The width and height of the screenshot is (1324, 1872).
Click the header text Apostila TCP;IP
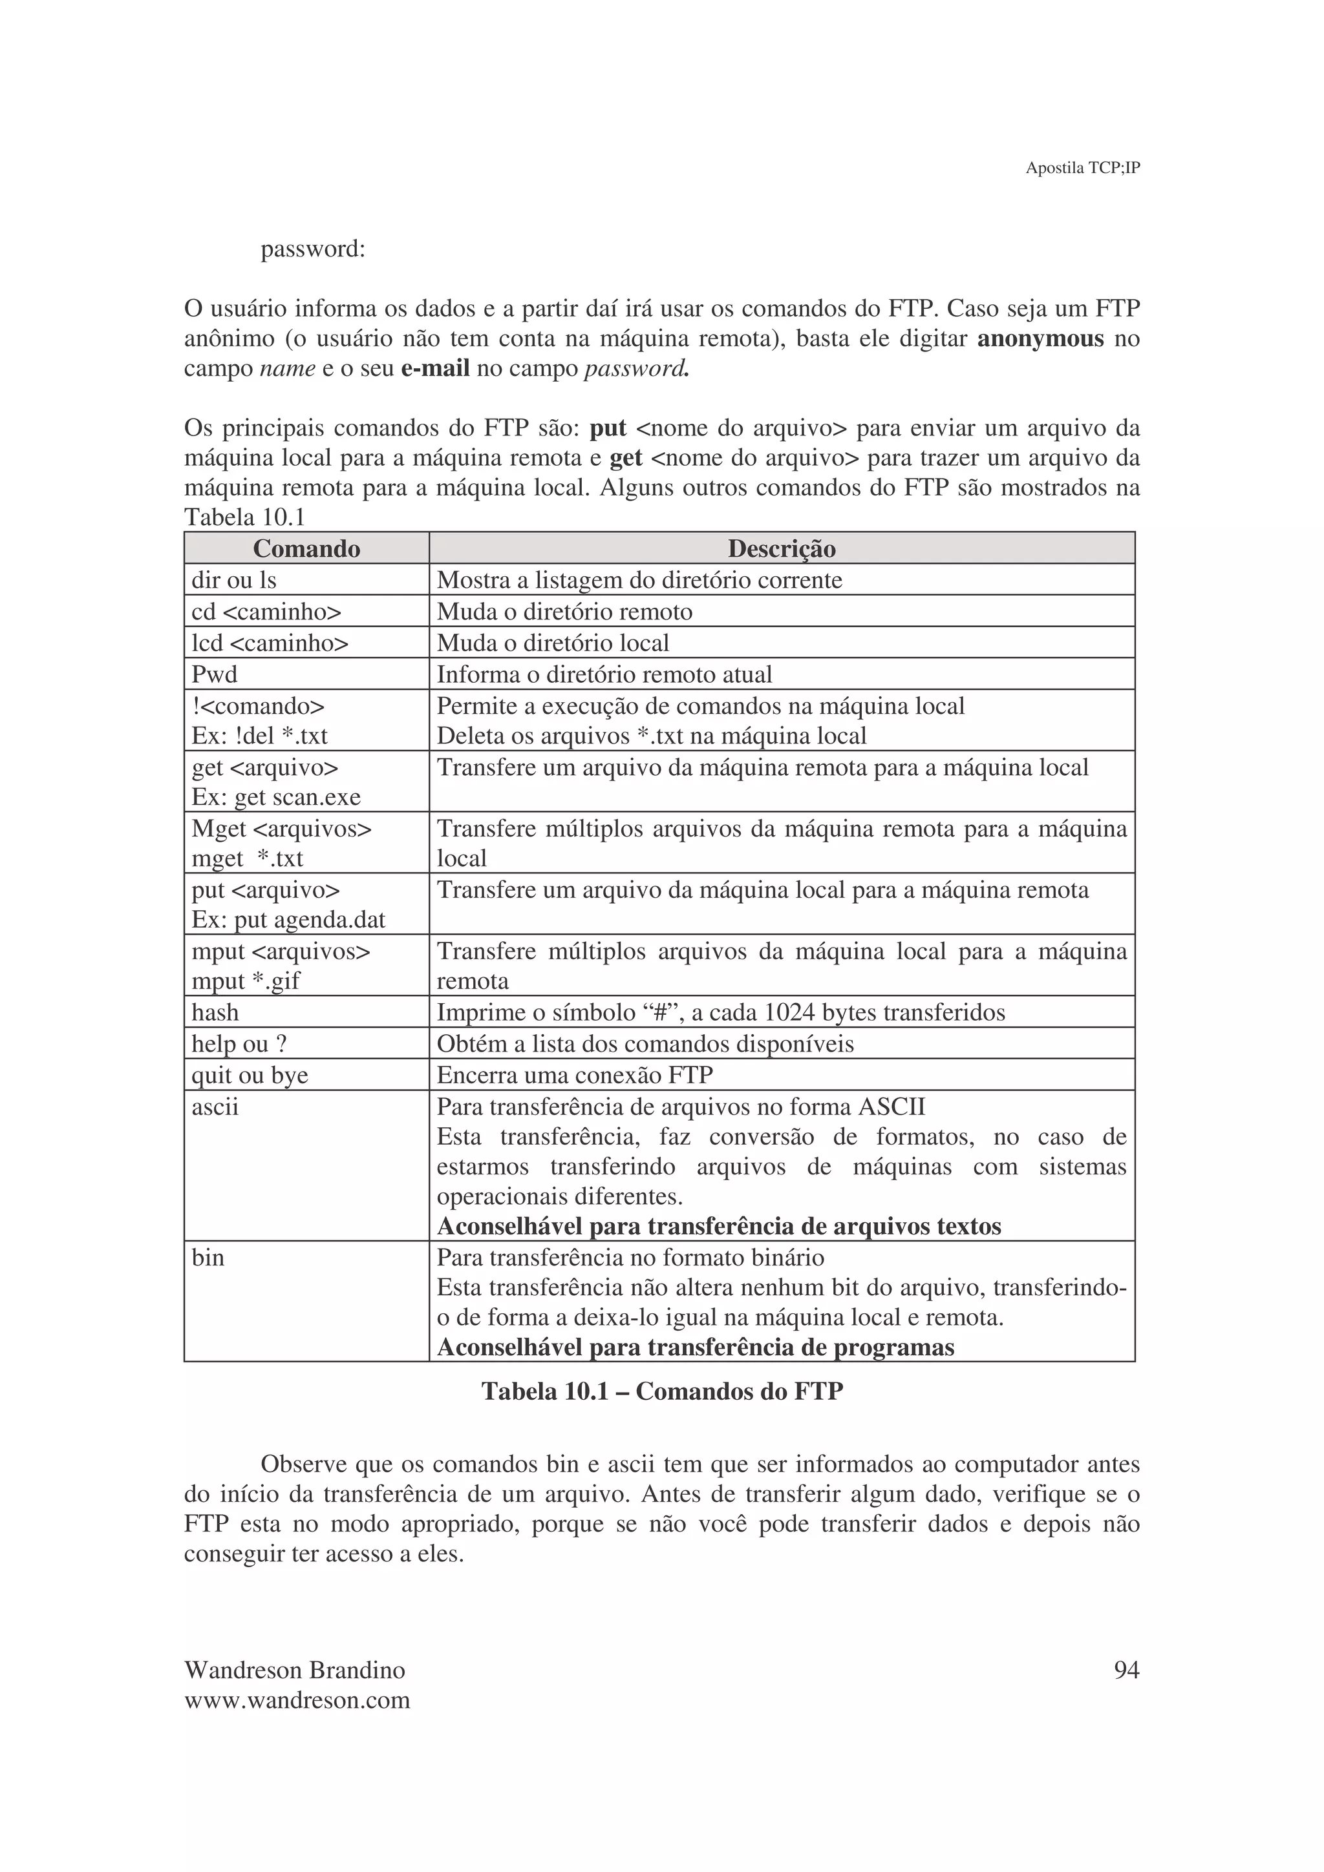pos(1082,168)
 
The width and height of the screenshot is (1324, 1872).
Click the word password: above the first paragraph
pos(312,249)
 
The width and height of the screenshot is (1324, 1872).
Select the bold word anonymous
pos(1040,338)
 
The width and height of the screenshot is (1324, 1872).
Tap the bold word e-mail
pos(435,369)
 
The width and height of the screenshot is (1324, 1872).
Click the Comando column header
pos(306,548)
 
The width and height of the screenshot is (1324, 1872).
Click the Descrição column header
pos(781,548)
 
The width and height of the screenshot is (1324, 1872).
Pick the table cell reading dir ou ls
pos(234,581)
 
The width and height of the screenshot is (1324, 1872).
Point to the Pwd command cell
pos(215,675)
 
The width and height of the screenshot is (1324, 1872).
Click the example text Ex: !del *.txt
pos(259,736)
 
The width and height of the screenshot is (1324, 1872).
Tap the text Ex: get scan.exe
pos(276,797)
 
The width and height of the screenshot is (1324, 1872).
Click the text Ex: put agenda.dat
pos(288,920)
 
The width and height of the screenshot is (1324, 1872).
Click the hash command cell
pos(215,1013)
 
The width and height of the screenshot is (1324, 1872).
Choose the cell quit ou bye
pos(250,1076)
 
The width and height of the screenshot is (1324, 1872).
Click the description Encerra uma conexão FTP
pos(574,1076)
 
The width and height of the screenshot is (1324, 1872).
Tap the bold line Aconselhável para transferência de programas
pos(695,1347)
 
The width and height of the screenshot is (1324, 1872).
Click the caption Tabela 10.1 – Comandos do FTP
pos(661,1391)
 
